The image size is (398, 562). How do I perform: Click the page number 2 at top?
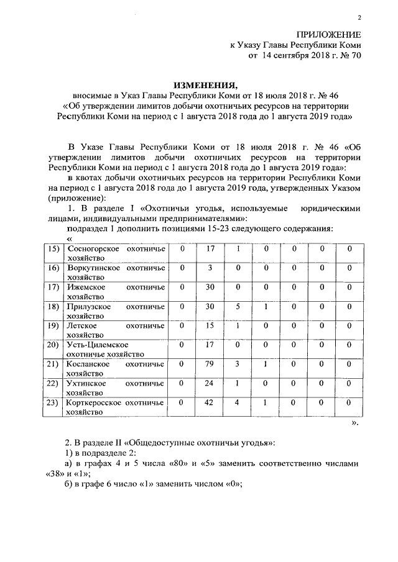tap(359, 17)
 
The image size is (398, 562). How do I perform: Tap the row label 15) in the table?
tap(54, 248)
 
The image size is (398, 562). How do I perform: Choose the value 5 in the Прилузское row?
tap(238, 306)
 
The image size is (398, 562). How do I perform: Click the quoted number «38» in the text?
tap(57, 474)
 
